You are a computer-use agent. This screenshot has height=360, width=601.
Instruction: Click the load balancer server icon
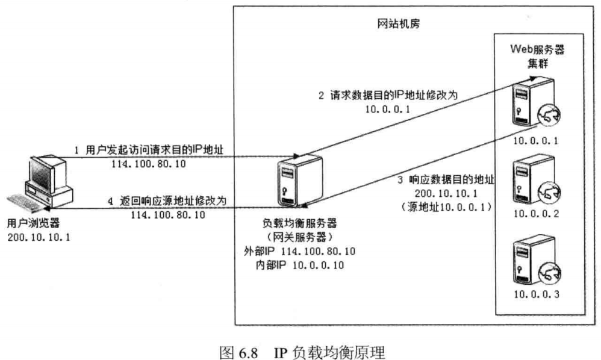pyautogui.click(x=295, y=181)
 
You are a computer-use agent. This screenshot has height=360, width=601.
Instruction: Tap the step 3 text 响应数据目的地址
pyautogui.click(x=446, y=180)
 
